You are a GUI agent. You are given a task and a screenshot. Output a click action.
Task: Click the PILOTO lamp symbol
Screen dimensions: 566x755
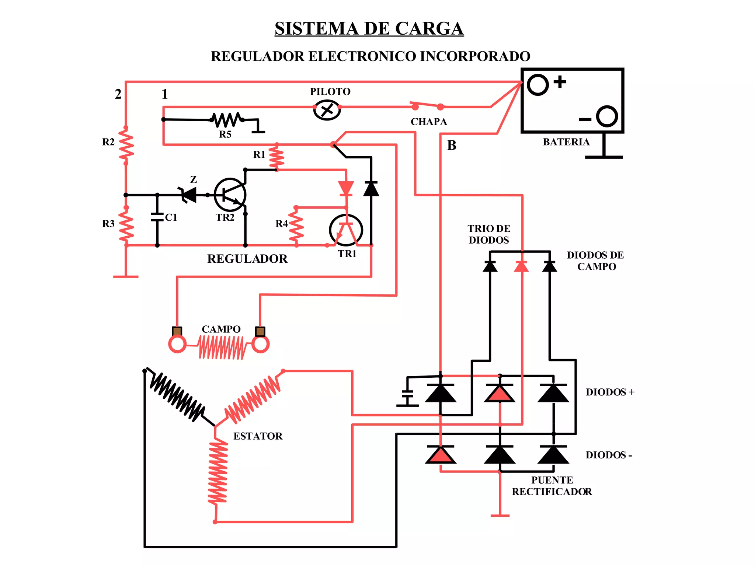(327, 109)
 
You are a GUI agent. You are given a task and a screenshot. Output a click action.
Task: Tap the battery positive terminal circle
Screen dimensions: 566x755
(537, 85)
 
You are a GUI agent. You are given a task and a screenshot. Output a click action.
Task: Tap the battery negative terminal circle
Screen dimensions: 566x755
(606, 116)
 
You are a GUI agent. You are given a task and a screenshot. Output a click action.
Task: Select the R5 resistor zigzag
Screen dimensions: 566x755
(226, 120)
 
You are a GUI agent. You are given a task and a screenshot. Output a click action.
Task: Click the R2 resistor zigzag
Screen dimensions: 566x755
(126, 145)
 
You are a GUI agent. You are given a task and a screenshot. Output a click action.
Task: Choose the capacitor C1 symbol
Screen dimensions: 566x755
(157, 217)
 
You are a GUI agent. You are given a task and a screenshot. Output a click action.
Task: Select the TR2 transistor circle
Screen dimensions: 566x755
(230, 195)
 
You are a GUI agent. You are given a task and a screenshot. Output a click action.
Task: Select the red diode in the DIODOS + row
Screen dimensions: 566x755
(500, 393)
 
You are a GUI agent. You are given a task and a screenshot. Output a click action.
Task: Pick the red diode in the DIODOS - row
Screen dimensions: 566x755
(441, 455)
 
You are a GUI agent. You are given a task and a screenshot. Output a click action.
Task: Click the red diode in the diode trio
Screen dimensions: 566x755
(521, 266)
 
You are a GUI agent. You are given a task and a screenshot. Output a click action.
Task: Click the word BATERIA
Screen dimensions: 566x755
(566, 142)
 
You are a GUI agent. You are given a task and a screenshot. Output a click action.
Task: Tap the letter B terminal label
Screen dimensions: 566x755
(452, 145)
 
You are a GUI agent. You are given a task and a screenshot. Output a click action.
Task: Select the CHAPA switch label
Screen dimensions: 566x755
(428, 122)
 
